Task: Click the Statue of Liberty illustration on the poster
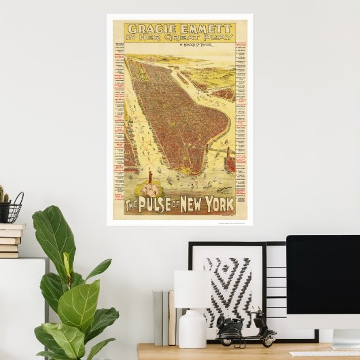tap(149, 174)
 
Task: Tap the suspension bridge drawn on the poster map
tap(217, 147)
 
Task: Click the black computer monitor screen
tap(323, 272)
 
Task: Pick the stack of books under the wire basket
tap(10, 240)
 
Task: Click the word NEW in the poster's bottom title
tap(192, 204)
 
